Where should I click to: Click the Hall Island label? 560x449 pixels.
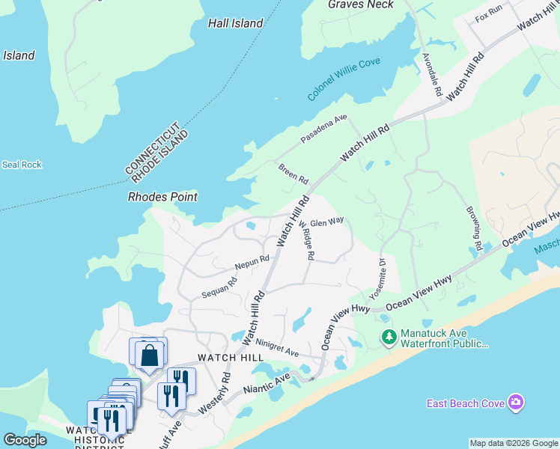pos(235,23)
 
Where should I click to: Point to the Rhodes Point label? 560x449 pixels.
pos(162,197)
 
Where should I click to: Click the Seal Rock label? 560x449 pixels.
pos(22,165)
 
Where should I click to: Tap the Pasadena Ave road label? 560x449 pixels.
pos(325,129)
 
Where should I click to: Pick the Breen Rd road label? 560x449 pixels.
pos(293,174)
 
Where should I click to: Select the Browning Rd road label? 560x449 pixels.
pos(473,228)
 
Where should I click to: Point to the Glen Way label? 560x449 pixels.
pos(326,222)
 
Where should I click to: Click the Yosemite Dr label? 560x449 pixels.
pos(379,277)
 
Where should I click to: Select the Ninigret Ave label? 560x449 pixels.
pos(277,348)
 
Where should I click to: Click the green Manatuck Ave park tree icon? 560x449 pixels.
pos(389,337)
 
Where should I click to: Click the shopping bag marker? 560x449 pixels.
pos(149,355)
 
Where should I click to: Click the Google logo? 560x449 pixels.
pos(25,440)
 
